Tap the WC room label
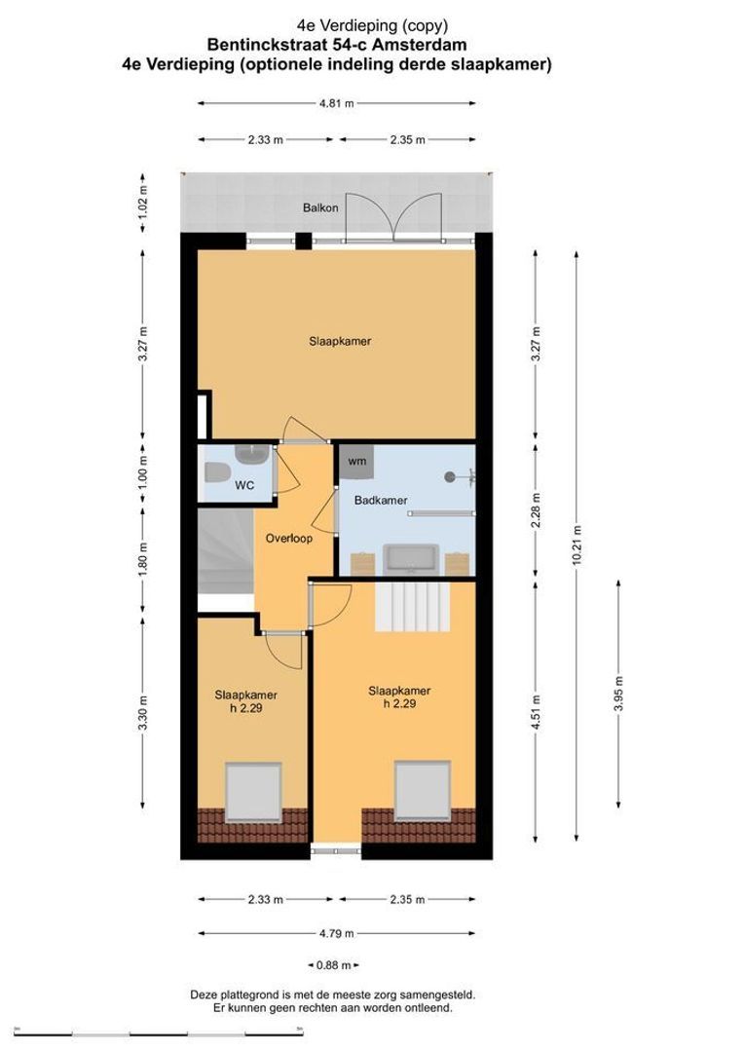click(x=244, y=485)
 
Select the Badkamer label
click(x=381, y=501)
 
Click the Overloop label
click(x=289, y=538)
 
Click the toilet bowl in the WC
click(x=216, y=473)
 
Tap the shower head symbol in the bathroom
click(x=451, y=477)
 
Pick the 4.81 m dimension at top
click(x=336, y=102)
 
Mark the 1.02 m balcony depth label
click(x=142, y=203)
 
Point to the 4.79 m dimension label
click(x=336, y=933)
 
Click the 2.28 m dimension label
click(x=535, y=511)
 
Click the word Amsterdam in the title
click(x=428, y=45)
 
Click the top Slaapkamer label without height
click(x=340, y=342)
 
